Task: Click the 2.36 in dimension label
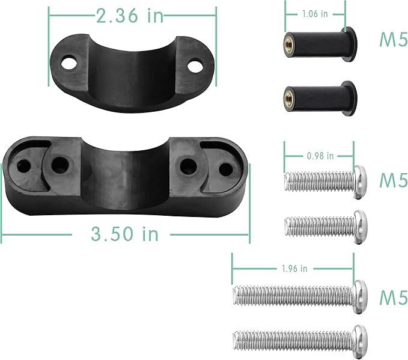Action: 130,16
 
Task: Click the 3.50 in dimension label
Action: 125,234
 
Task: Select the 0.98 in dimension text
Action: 320,156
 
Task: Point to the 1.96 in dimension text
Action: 294,267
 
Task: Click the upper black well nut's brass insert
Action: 288,40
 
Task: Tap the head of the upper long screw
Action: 360,294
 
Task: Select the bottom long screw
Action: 300,338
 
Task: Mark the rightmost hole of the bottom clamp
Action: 224,170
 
